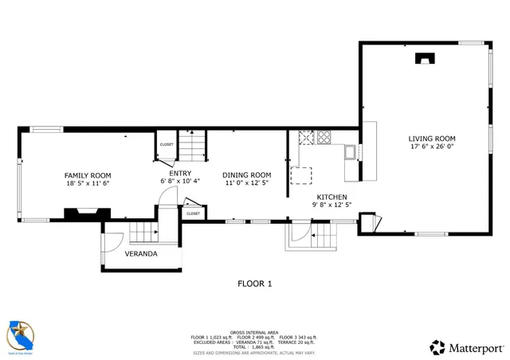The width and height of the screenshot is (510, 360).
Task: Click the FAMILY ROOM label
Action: [88, 175]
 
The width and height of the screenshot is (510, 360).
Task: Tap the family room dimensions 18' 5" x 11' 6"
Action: [88, 183]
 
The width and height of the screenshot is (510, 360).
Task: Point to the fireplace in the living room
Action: [425, 57]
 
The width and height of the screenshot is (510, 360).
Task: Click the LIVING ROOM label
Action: [430, 138]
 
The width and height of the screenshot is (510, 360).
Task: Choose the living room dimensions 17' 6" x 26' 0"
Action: [430, 147]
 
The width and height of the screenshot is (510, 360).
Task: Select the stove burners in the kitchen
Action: [324, 137]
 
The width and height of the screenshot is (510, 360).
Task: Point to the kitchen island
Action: [302, 175]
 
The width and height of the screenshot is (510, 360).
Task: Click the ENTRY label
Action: [180, 173]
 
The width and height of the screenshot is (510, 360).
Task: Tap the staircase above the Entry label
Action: [191, 147]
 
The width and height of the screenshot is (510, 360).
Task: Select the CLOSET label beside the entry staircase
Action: [167, 144]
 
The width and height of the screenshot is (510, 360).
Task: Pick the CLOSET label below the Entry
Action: [193, 213]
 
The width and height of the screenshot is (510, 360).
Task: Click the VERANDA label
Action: [141, 254]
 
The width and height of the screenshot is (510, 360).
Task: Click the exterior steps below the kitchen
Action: [323, 237]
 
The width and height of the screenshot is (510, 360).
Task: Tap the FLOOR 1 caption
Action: [255, 284]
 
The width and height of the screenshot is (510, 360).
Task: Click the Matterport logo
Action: [467, 347]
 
